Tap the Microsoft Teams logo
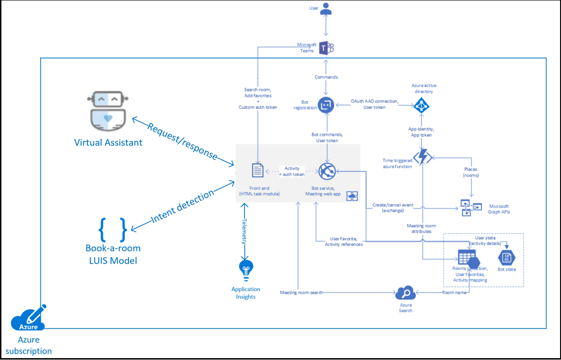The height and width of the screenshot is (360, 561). (x=326, y=48)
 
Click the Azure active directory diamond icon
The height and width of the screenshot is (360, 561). (x=422, y=105)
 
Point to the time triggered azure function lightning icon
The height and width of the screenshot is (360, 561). (x=422, y=157)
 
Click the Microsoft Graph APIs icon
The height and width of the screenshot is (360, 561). (x=470, y=208)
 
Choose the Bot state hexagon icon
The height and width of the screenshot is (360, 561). (x=507, y=257)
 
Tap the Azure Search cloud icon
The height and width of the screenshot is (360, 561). (x=405, y=294)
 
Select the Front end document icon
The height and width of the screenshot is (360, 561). (x=258, y=171)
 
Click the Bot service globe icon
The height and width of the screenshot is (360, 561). (x=327, y=171)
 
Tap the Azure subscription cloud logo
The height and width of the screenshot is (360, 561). (x=29, y=320)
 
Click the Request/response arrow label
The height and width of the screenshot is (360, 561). (x=183, y=141)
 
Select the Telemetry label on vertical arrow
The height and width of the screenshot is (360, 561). (x=244, y=231)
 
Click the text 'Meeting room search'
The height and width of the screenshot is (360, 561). (x=301, y=293)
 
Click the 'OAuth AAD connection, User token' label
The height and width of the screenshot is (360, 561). (x=374, y=104)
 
